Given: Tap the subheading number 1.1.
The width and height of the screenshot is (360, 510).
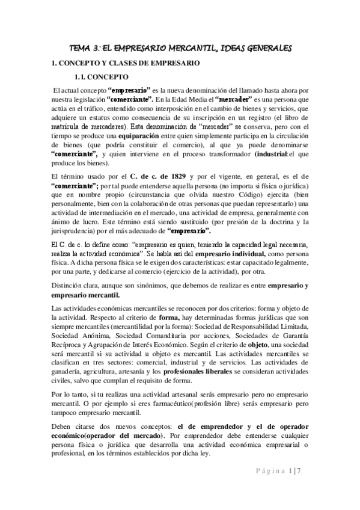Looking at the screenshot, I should [81, 77].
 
